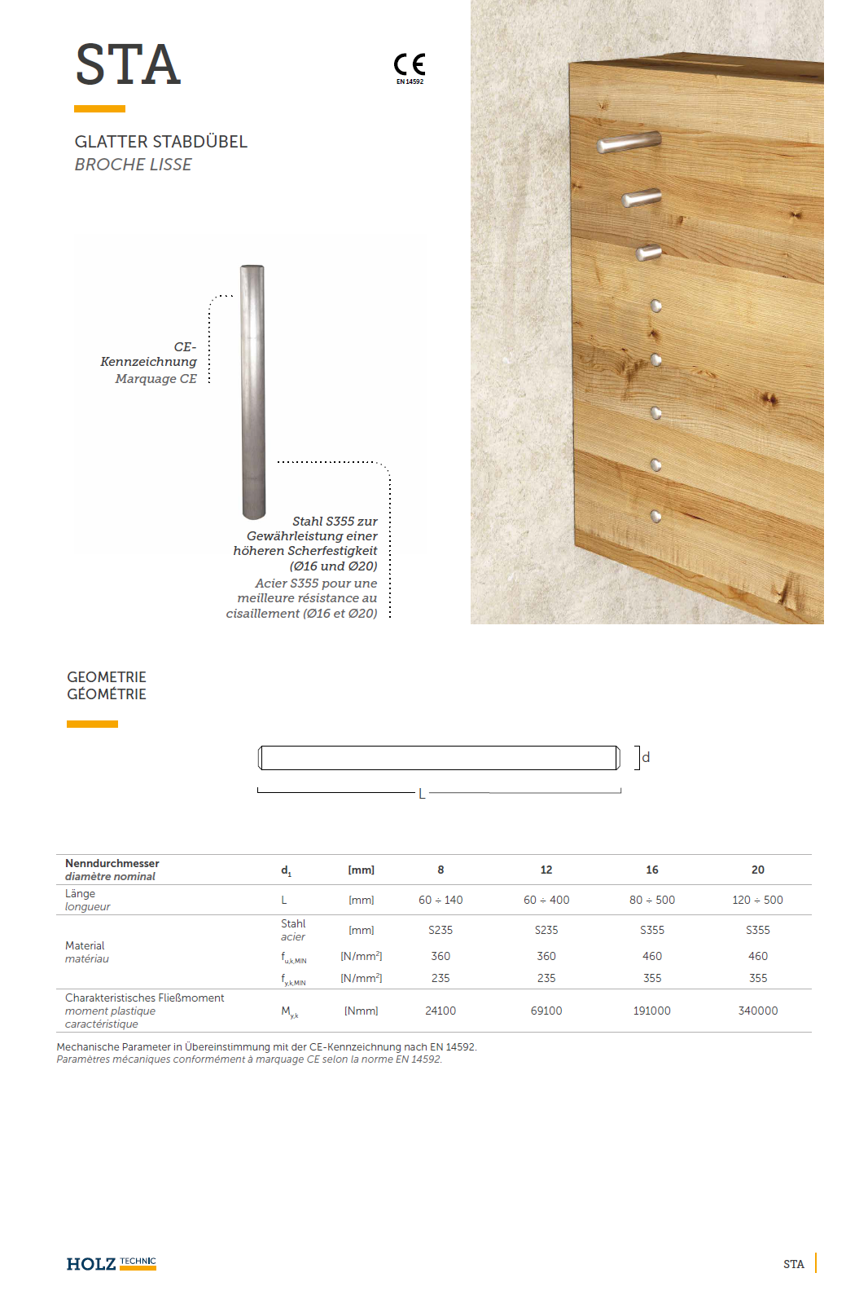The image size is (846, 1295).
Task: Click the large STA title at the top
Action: (x=128, y=65)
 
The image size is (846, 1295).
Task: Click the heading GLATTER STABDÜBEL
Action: (x=161, y=142)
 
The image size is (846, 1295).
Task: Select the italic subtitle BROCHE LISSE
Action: (x=134, y=165)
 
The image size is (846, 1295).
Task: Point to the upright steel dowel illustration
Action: (x=252, y=391)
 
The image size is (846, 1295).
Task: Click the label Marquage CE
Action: (x=156, y=379)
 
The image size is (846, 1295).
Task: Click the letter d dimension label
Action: (x=646, y=757)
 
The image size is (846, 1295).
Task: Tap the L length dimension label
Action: (x=422, y=794)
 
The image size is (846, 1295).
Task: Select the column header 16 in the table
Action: (x=652, y=870)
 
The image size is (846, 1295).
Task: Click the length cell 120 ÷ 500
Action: (x=757, y=900)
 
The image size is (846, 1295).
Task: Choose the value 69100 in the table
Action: (x=546, y=1011)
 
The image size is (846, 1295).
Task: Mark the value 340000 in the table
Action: (x=757, y=1011)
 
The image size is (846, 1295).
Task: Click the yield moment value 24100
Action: (x=441, y=1011)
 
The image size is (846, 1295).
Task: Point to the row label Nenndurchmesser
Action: (x=112, y=863)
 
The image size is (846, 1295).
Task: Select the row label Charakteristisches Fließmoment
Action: (x=145, y=998)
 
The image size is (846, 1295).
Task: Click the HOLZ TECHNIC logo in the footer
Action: (x=112, y=1263)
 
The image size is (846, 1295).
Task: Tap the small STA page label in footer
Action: (x=793, y=1264)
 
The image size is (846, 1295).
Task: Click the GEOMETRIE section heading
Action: (x=107, y=677)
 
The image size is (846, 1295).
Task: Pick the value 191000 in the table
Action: (x=652, y=1011)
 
